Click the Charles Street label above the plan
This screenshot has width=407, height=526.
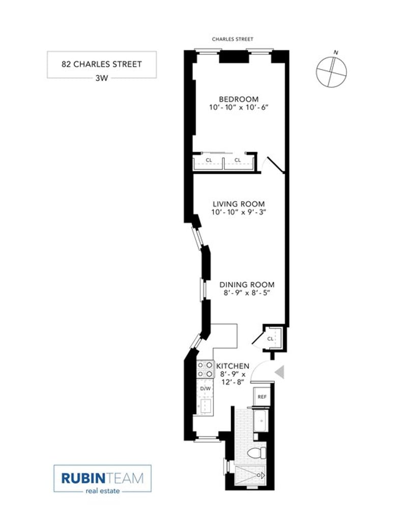click(x=232, y=39)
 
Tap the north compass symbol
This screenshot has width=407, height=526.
click(x=331, y=71)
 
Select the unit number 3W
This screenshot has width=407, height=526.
click(x=102, y=78)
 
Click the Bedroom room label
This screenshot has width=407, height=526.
click(x=239, y=99)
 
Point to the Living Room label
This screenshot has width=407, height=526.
click(x=239, y=204)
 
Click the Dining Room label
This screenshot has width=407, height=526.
click(x=247, y=284)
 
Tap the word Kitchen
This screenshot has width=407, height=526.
click(x=232, y=366)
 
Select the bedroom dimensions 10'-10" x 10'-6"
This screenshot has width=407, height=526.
click(x=239, y=108)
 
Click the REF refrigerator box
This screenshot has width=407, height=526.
click(x=262, y=396)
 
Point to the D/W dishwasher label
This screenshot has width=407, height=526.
click(x=206, y=389)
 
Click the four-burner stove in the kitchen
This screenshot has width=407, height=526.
click(x=205, y=369)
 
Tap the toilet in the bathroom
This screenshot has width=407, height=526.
click(x=257, y=453)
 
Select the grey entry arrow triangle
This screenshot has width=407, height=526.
click(x=279, y=372)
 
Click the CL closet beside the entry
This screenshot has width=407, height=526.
click(x=273, y=338)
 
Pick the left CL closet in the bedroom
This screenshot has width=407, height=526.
click(x=209, y=162)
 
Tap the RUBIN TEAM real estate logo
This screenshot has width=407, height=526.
click(x=102, y=478)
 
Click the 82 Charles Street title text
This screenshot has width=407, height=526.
click(x=102, y=64)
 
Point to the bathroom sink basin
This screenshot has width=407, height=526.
click(x=260, y=420)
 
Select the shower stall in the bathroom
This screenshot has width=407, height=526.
click(x=250, y=476)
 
